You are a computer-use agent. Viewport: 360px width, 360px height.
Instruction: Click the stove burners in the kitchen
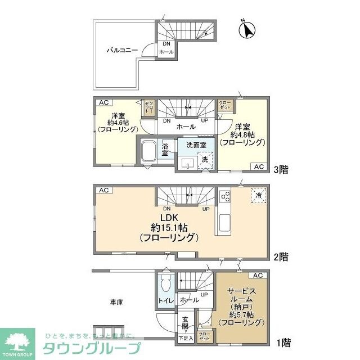coord(225,196)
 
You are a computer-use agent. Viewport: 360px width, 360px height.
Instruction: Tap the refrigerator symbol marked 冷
coord(258,195)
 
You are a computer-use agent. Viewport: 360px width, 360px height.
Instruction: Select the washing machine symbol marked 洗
coord(205,160)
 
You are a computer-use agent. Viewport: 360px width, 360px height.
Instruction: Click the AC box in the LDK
coord(103,190)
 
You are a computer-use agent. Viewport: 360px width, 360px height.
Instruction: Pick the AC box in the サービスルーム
coord(258,275)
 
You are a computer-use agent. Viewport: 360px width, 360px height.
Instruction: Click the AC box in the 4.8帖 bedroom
coord(258,166)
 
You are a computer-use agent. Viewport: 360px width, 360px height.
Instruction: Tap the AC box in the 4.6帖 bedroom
coord(103,102)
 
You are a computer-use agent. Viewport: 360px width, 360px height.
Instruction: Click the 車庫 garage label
coord(116,302)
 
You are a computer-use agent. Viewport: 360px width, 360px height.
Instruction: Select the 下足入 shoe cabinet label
coord(185,339)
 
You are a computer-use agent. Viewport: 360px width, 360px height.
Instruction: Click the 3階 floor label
coord(281,169)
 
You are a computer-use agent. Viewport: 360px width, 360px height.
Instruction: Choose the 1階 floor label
coord(281,341)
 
